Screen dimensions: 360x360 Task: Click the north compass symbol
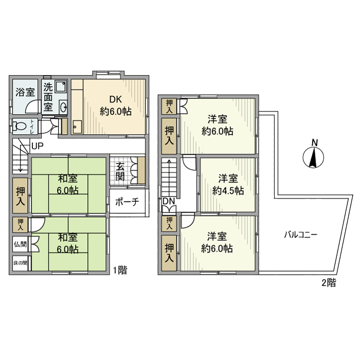pyautogui.click(x=314, y=154)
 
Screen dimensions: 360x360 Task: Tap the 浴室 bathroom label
pyautogui.click(x=25, y=93)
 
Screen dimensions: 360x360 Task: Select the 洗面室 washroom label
pyautogui.click(x=48, y=97)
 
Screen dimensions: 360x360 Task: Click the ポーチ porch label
pyautogui.click(x=127, y=202)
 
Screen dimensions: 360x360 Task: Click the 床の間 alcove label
pyautogui.click(x=21, y=262)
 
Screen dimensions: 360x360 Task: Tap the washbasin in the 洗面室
pyautogui.click(x=63, y=107)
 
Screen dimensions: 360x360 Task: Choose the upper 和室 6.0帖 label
pyautogui.click(x=68, y=184)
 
